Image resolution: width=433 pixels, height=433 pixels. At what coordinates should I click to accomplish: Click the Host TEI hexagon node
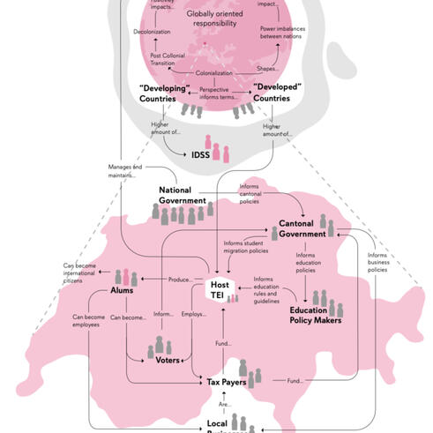(x=219, y=289)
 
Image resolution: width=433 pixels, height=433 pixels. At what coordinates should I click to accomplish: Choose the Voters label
(x=168, y=360)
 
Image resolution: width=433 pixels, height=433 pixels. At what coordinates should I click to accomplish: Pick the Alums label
(x=121, y=290)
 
